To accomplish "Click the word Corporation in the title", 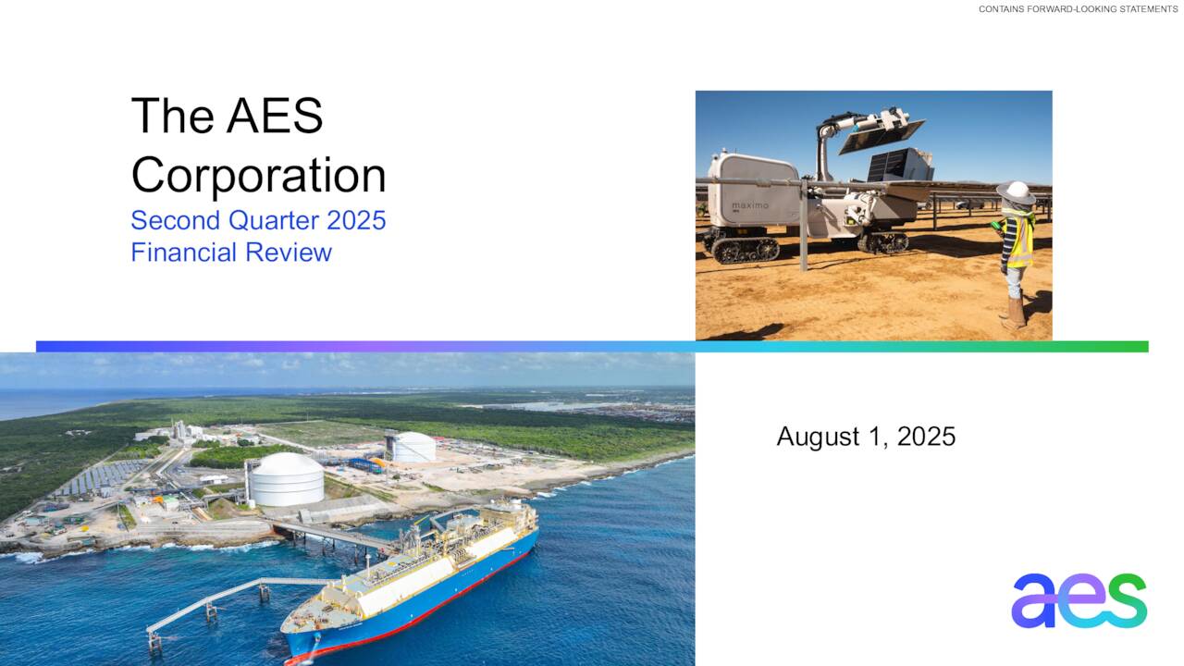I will click(258, 175).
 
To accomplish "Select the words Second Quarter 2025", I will click(258, 220).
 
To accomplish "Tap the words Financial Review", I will click(231, 252).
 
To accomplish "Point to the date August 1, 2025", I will click(866, 437).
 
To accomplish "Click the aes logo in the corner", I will click(1079, 600).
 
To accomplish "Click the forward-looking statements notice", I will click(1078, 9).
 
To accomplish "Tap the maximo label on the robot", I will click(749, 205).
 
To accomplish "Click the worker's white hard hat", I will click(1015, 191).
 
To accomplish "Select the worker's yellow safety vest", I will click(1017, 240).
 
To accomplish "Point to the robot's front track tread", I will click(740, 247).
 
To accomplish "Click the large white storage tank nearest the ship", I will click(286, 479).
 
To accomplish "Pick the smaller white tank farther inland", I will click(410, 447).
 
